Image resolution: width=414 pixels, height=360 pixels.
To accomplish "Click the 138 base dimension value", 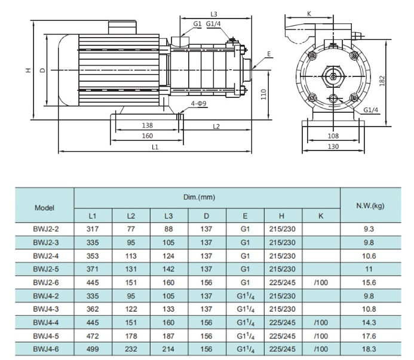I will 148,125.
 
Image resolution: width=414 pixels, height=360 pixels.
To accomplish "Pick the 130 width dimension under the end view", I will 333,146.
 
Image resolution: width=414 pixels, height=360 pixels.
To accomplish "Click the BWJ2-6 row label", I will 45,282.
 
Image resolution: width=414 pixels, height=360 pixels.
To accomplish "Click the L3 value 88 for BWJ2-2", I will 170,229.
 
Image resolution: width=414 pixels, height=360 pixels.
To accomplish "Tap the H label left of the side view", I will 27,70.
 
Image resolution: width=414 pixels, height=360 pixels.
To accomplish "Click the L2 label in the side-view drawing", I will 216,126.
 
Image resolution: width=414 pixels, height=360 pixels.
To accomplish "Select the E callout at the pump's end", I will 269,54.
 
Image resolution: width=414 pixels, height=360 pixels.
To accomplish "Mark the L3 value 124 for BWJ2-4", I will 170,256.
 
